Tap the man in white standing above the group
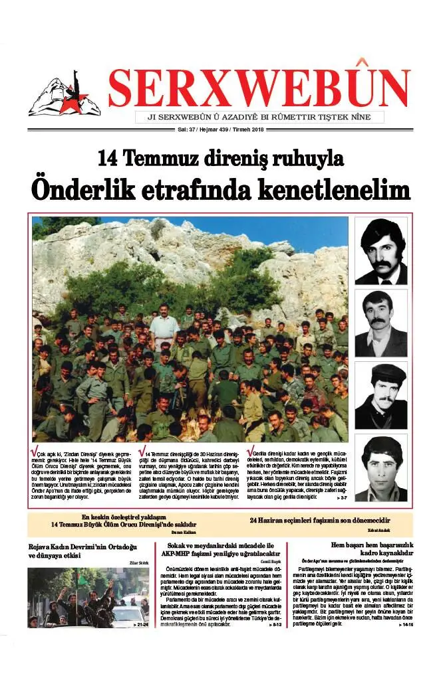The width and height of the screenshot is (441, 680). coord(164,325)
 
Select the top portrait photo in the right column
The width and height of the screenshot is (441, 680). coord(380,251)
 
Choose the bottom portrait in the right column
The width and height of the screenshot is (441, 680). coord(380,468)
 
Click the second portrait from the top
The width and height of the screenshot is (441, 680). coord(380,323)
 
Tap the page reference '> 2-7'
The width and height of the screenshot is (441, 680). coord(341,497)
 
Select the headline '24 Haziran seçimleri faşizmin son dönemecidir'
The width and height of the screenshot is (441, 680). coord(319,521)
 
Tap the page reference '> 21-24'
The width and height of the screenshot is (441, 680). coord(140,625)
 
